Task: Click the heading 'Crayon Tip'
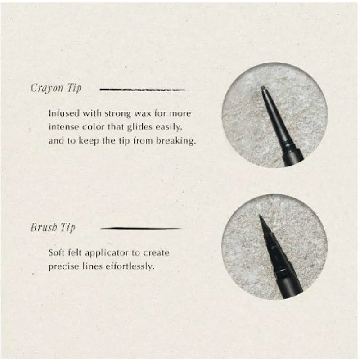click(x=56, y=88)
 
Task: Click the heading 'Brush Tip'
click(x=53, y=227)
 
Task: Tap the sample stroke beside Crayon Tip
click(x=142, y=90)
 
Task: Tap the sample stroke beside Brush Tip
click(x=142, y=229)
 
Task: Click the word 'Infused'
click(x=64, y=113)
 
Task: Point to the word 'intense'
click(x=63, y=127)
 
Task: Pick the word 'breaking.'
click(x=176, y=141)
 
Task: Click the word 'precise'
click(x=62, y=267)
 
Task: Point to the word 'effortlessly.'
click(x=130, y=266)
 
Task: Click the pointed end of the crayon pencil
click(x=262, y=87)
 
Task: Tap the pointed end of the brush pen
click(x=260, y=215)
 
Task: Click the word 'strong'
click(x=118, y=114)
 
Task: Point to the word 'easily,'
click(x=169, y=127)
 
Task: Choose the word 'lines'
click(x=91, y=266)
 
